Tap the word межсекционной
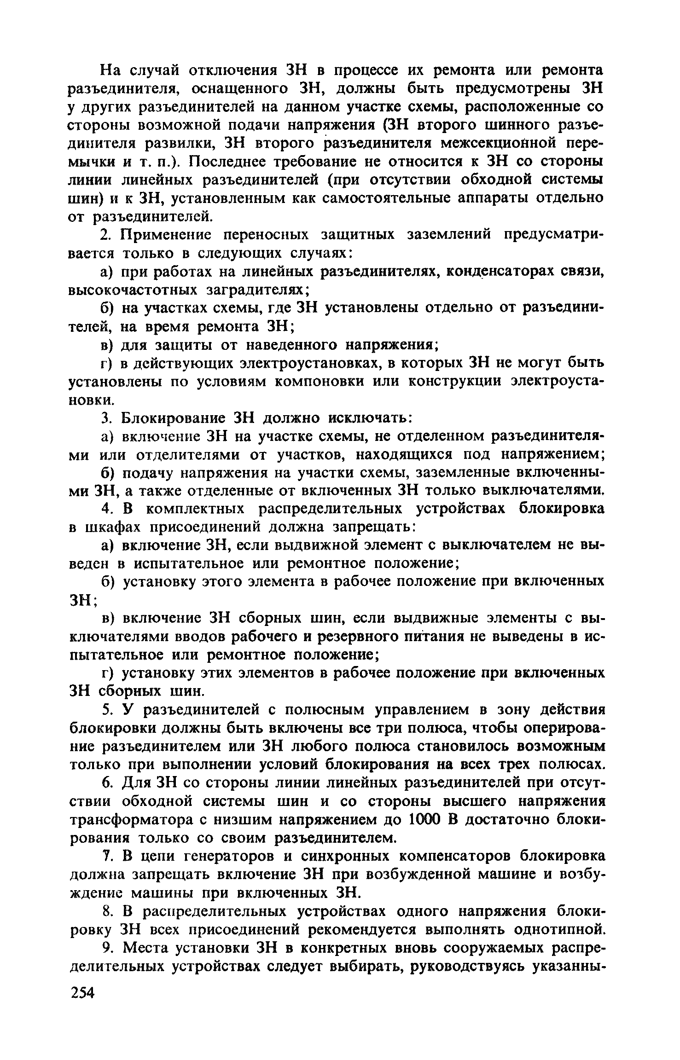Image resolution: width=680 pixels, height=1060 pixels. [x=498, y=143]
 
